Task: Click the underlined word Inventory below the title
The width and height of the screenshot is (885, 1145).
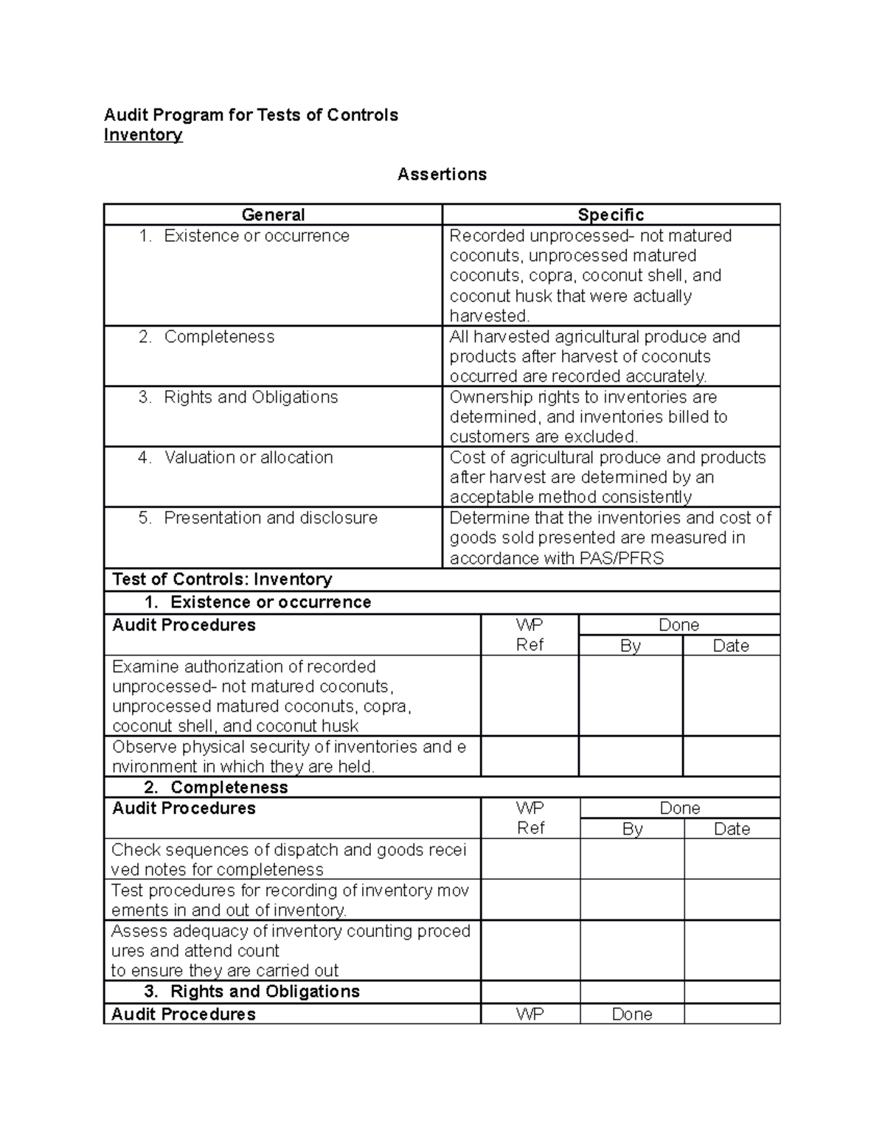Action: (x=142, y=135)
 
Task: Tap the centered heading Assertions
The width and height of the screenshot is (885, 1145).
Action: (x=442, y=174)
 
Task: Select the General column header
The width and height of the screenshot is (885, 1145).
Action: (x=273, y=215)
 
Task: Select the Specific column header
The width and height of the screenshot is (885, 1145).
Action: (x=611, y=215)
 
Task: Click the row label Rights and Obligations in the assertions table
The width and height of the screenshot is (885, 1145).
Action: (x=251, y=397)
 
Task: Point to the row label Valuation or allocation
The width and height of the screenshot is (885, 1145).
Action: (x=249, y=457)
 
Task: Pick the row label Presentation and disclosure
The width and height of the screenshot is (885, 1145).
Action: (x=270, y=518)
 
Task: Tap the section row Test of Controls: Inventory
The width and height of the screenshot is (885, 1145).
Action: (x=222, y=580)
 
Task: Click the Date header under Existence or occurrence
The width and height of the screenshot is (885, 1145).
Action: (x=731, y=646)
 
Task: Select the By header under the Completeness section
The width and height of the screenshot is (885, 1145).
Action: (x=632, y=829)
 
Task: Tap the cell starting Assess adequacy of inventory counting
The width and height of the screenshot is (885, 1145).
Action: (x=291, y=950)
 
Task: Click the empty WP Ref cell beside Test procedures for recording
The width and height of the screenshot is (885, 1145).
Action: (x=530, y=900)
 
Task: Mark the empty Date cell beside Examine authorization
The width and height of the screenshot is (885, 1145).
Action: (x=731, y=696)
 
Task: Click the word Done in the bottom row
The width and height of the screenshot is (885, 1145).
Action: (x=632, y=1015)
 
